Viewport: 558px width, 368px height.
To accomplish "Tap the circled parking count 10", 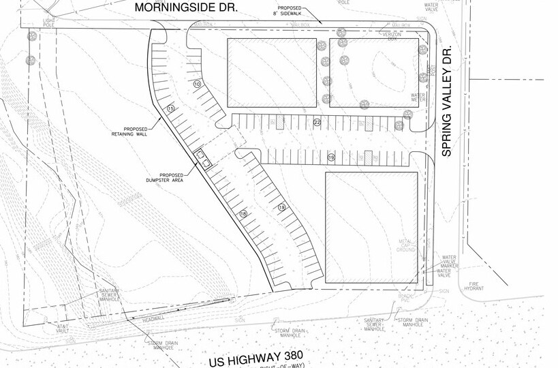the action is (x=197, y=84).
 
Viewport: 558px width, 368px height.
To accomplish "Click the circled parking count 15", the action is (x=171, y=108).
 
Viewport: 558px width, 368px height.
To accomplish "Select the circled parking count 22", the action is (x=317, y=122).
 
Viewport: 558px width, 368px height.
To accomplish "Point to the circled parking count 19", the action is (x=331, y=157).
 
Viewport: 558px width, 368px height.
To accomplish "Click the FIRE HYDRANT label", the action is (x=474, y=288).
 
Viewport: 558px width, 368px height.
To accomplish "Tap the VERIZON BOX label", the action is (x=391, y=35).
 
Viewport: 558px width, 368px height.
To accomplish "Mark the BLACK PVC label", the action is (x=407, y=297).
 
